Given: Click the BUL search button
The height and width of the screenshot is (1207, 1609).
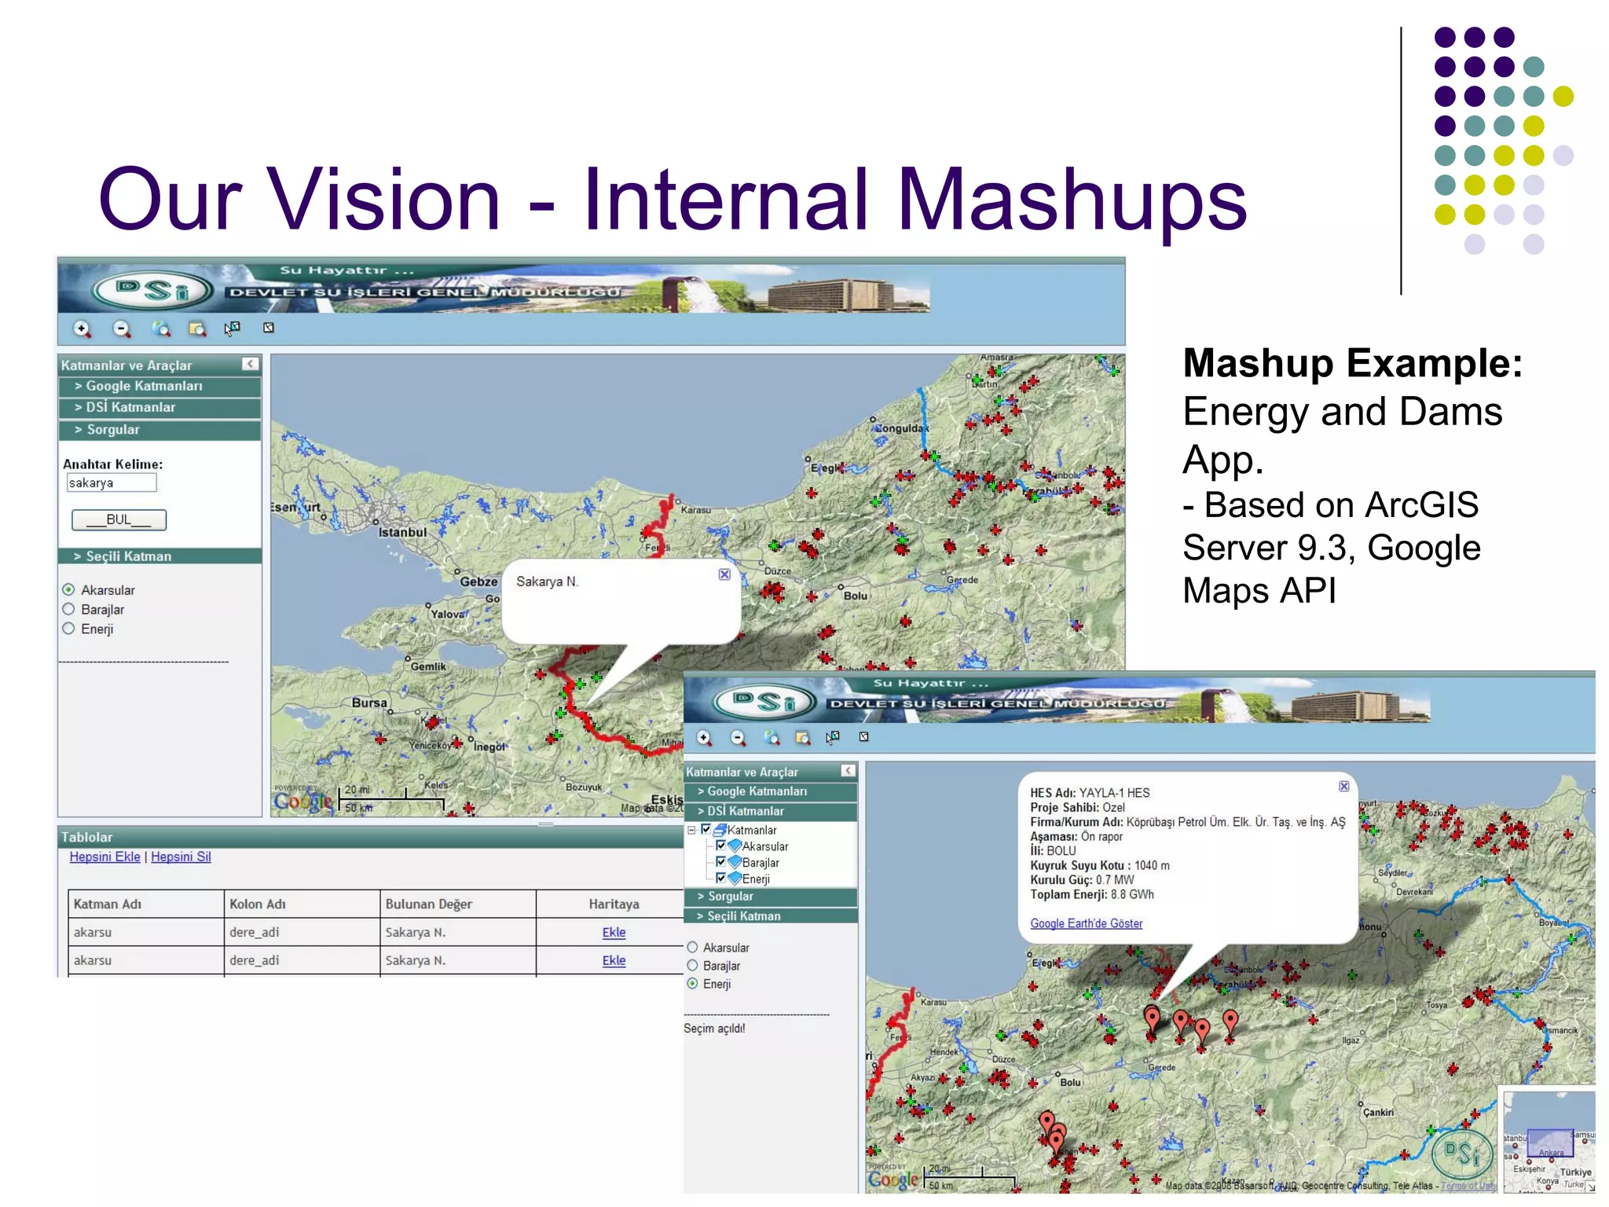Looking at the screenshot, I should click(119, 519).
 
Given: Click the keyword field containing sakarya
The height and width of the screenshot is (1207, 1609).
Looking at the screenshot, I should click(111, 482).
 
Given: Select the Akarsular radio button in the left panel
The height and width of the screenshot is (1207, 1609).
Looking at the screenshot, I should click(68, 589).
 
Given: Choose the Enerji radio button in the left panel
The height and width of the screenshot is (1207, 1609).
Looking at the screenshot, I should click(68, 629).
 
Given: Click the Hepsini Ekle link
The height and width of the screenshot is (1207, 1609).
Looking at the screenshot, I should click(104, 857).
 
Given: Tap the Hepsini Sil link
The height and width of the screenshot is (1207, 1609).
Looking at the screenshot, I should click(181, 857).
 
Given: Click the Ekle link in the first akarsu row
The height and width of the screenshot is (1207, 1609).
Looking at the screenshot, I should click(614, 932).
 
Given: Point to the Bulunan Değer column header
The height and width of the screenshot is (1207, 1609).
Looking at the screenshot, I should click(428, 904).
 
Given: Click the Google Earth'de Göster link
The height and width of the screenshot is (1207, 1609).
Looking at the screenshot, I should click(1086, 923).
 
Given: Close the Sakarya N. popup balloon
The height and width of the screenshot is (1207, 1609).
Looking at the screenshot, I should click(724, 574).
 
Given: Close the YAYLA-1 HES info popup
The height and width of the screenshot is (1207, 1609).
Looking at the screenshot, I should click(1344, 787).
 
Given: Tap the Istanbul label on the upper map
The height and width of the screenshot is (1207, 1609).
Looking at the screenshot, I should click(402, 532).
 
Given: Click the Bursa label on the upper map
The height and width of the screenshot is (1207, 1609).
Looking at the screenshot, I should click(369, 703).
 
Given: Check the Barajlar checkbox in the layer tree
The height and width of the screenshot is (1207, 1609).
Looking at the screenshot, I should click(720, 862).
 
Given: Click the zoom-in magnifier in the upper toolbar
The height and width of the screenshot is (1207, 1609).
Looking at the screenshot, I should click(82, 328).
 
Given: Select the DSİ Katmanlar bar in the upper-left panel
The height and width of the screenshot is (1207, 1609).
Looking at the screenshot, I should click(159, 407).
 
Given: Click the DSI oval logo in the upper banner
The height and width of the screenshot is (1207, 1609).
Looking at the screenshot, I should click(152, 291).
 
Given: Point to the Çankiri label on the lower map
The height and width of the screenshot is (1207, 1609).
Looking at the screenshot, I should click(1378, 1112).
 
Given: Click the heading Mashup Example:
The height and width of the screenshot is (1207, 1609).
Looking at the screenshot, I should click(1352, 363).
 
